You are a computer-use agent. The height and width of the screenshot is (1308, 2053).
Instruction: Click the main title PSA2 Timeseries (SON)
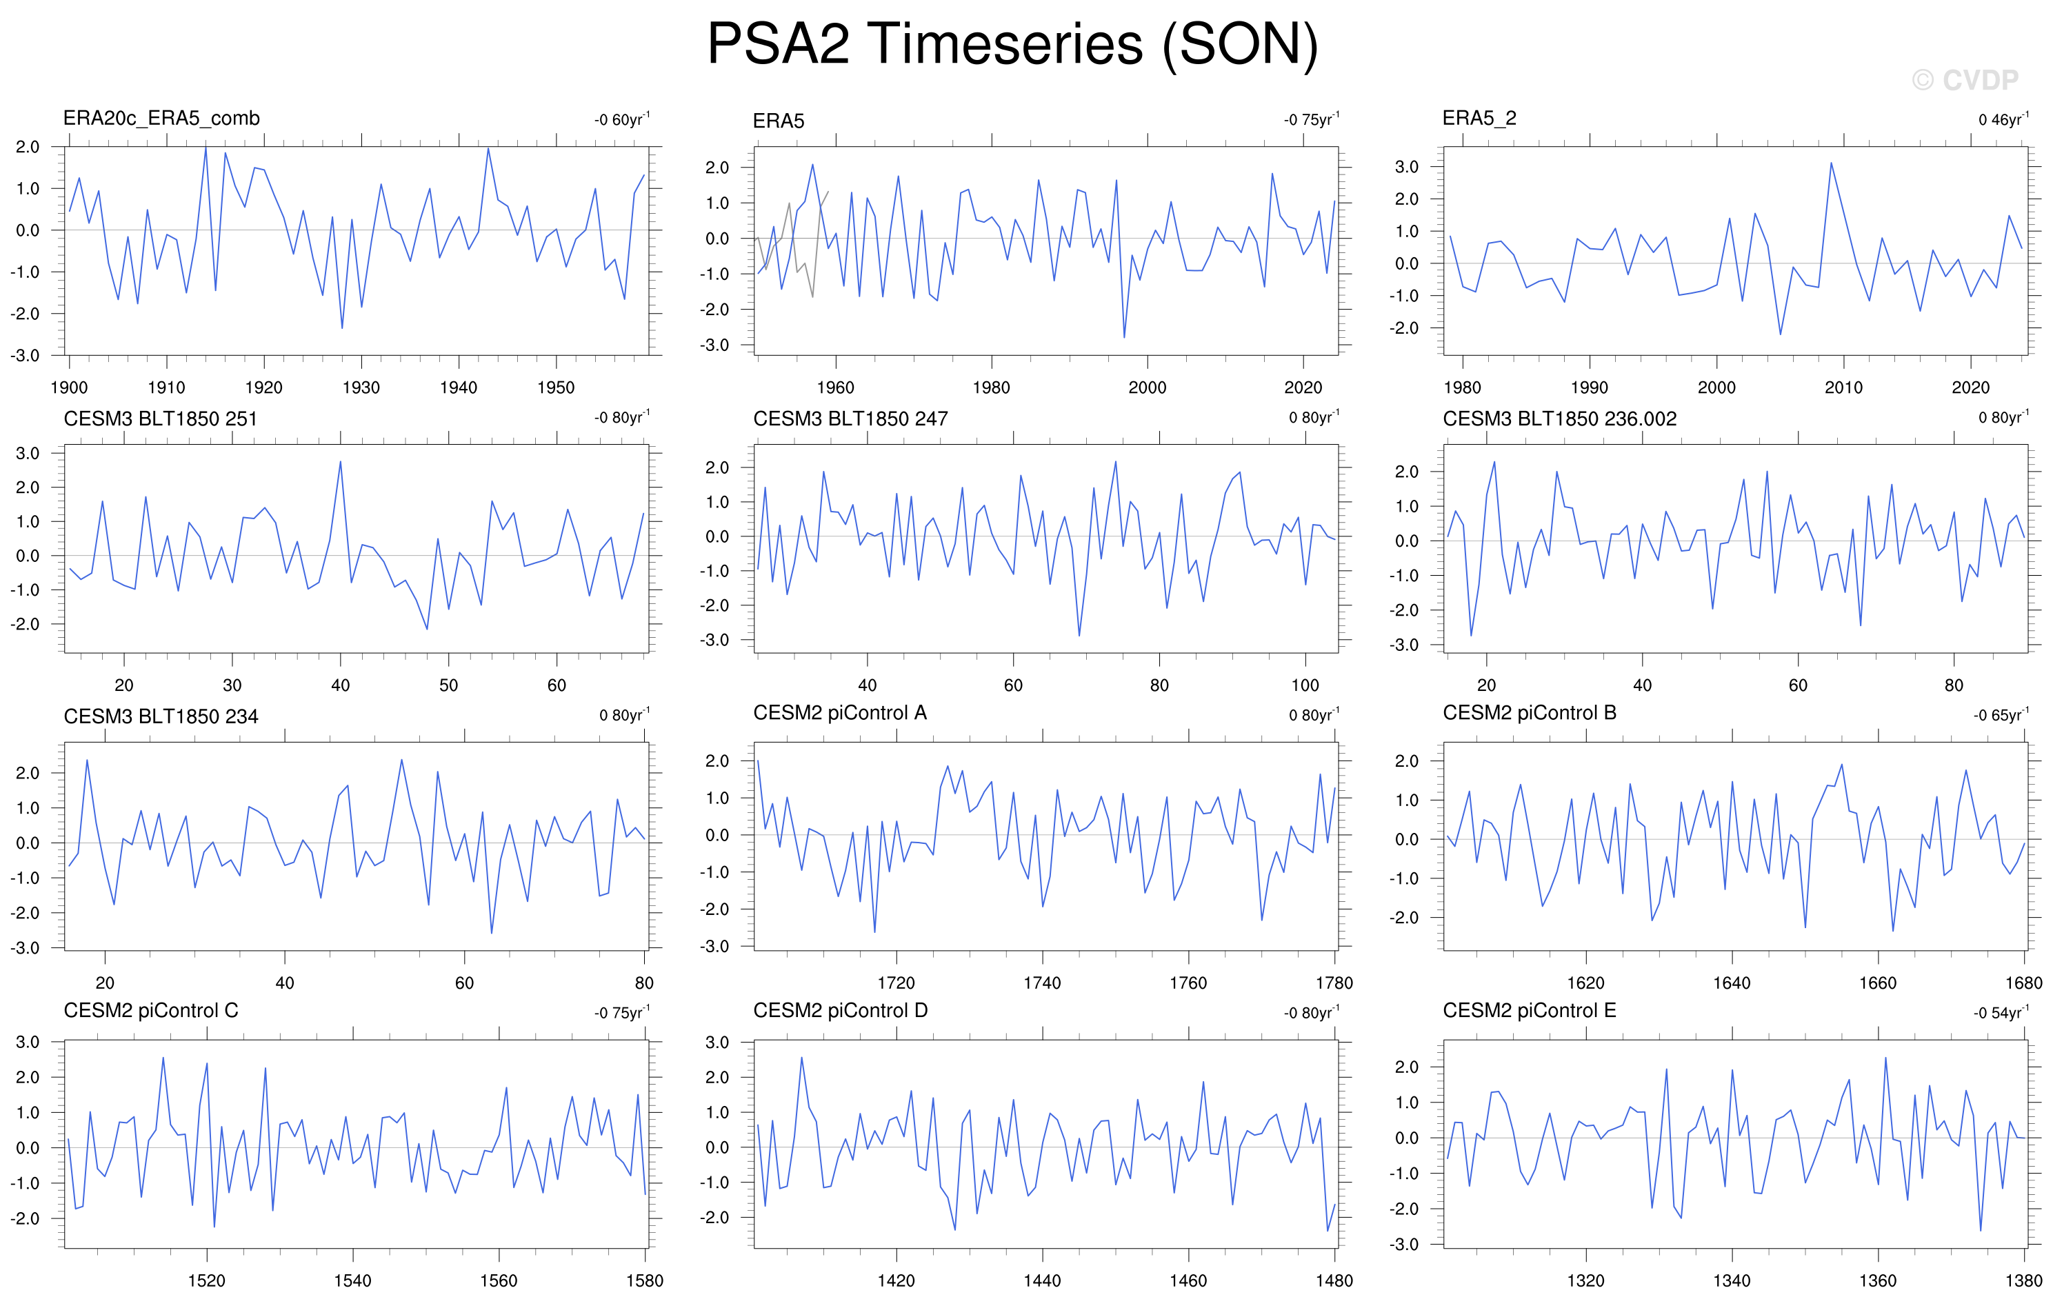[1013, 44]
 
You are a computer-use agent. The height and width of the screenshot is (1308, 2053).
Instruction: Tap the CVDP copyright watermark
[1965, 80]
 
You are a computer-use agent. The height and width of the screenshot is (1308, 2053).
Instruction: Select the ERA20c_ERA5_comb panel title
[161, 119]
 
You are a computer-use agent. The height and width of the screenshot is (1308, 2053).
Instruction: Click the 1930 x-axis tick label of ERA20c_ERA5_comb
[361, 387]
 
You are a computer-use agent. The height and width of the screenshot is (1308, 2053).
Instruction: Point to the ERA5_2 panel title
[1479, 119]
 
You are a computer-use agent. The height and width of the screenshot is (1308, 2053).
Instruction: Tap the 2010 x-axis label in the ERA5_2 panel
[1843, 387]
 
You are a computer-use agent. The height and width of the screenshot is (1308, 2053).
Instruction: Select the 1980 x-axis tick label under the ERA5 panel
[991, 387]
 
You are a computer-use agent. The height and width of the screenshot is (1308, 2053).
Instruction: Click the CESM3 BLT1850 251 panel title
[160, 419]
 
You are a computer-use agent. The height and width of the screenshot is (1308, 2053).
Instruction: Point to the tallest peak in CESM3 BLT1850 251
[340, 462]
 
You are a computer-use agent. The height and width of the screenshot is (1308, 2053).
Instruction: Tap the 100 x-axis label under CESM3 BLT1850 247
[1305, 685]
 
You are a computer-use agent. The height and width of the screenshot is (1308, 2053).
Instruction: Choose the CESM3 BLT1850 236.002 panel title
[1559, 419]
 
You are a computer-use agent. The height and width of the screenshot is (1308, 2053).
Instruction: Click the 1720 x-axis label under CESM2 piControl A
[896, 983]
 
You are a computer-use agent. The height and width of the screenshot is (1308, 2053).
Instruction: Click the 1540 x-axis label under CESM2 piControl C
[352, 1280]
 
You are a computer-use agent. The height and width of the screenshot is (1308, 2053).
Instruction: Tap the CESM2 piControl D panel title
[840, 1010]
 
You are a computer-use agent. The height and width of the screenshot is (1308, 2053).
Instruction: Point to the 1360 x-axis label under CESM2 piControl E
[1877, 1280]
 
